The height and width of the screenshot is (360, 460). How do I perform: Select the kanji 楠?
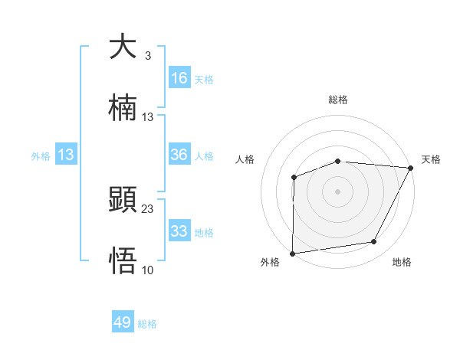[123, 108]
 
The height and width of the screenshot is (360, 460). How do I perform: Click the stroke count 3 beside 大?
[147, 55]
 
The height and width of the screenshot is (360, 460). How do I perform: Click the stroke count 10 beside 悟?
[148, 270]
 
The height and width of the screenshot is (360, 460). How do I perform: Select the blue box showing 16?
[179, 78]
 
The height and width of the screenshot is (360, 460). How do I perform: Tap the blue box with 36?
[179, 155]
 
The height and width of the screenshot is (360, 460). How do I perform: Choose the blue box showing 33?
[179, 231]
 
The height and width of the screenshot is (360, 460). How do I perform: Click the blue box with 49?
[123, 322]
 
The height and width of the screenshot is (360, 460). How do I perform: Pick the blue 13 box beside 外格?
[66, 155]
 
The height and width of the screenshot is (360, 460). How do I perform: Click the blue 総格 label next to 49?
[147, 324]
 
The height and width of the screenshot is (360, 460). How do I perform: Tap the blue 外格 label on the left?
[41, 156]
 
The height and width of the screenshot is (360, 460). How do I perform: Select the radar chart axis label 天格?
[431, 159]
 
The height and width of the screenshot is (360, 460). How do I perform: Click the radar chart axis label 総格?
[338, 100]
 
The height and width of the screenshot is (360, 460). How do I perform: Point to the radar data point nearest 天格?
[412, 167]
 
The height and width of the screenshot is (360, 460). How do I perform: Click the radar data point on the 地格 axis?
[374, 242]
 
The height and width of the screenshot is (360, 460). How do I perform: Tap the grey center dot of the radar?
[338, 191]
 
